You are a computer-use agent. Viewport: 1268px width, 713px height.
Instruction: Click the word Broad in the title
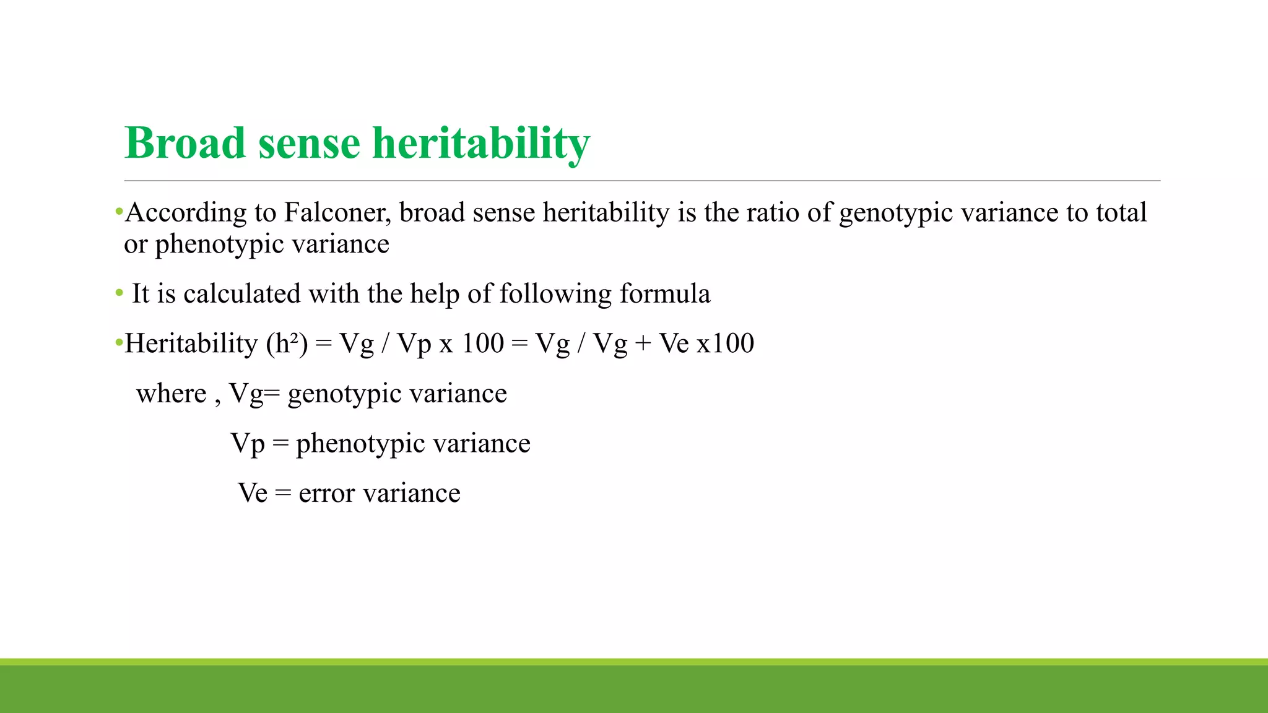click(x=185, y=143)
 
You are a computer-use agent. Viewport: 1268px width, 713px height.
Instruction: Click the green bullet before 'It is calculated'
click(x=119, y=293)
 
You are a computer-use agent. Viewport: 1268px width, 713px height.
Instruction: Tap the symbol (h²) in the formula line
click(x=286, y=344)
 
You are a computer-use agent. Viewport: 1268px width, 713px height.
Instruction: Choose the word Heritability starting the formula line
click(x=191, y=344)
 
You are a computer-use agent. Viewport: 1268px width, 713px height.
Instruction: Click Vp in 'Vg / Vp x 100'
click(x=414, y=344)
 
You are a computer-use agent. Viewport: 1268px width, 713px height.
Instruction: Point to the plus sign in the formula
click(x=643, y=344)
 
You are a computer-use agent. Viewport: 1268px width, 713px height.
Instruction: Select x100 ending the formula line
click(x=725, y=344)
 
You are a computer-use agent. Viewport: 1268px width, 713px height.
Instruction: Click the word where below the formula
click(x=172, y=394)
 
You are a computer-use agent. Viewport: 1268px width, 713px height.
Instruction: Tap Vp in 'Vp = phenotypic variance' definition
click(x=248, y=444)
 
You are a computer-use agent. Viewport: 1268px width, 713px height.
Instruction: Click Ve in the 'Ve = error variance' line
click(x=253, y=493)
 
